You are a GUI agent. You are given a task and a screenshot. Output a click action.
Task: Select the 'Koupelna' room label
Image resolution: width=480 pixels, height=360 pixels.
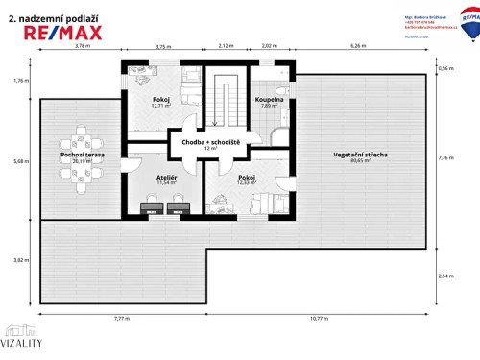[270, 100]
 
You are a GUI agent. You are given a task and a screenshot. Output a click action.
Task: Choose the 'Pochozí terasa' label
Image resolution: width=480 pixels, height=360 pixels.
[81, 155]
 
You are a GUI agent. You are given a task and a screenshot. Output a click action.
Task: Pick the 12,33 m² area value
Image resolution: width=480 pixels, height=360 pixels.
[246, 183]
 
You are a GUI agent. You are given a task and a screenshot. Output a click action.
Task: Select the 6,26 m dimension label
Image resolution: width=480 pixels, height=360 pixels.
[359, 45]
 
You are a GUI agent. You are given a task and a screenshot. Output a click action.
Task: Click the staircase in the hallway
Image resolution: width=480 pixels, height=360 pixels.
[228, 100]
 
